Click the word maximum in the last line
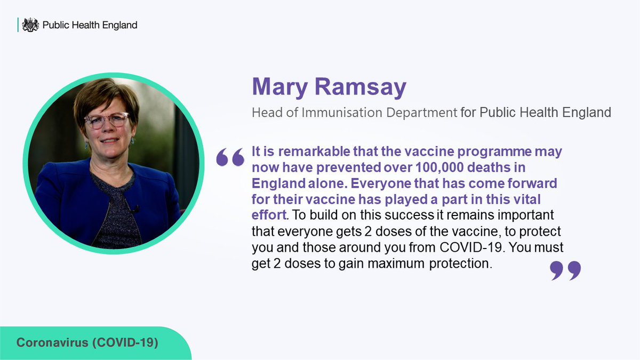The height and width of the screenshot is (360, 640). (x=394, y=265)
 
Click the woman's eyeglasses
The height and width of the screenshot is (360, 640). (x=107, y=121)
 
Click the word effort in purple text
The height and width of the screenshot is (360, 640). (x=269, y=216)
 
